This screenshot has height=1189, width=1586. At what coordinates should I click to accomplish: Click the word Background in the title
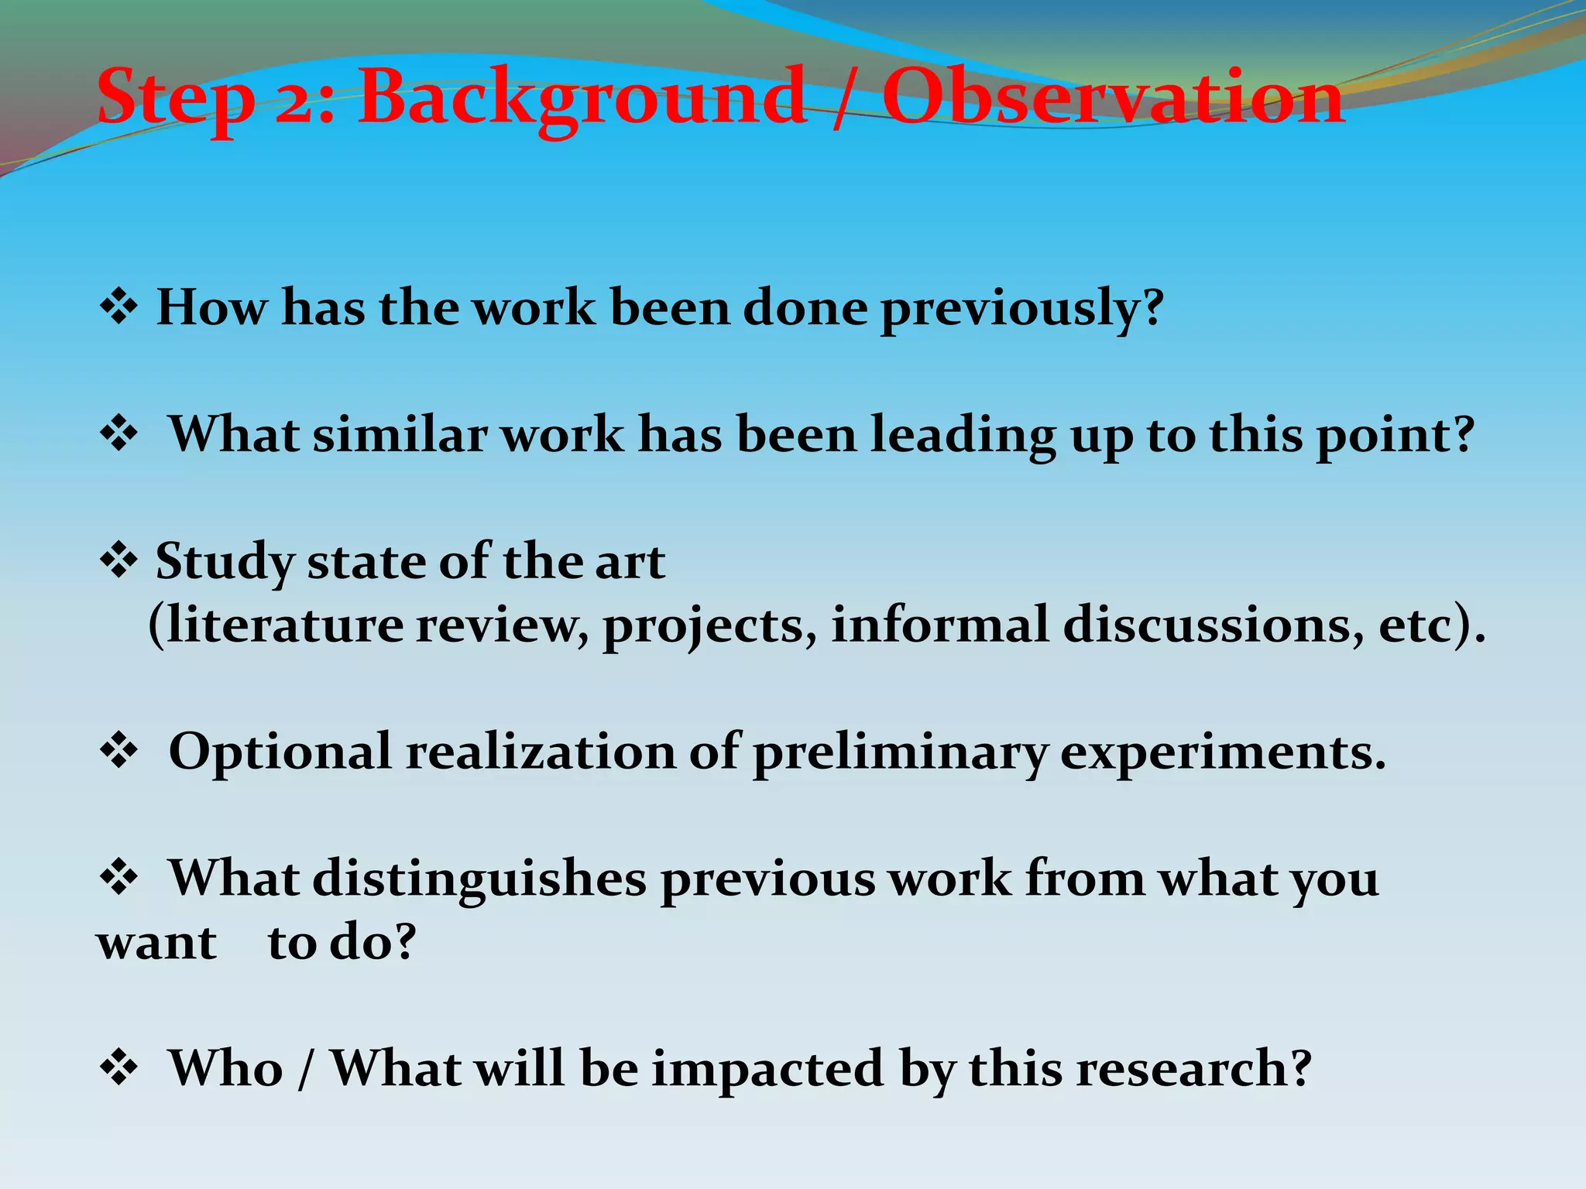(x=581, y=98)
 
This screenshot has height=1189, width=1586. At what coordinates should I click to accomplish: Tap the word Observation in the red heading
(x=1113, y=98)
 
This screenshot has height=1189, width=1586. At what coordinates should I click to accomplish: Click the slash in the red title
(x=843, y=98)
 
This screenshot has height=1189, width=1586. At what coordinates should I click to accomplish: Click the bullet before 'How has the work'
(x=118, y=307)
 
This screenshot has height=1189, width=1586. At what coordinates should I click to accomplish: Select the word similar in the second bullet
(x=400, y=434)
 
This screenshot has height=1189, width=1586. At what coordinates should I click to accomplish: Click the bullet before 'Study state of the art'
(x=118, y=560)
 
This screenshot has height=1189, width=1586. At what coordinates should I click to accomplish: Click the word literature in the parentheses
(x=283, y=625)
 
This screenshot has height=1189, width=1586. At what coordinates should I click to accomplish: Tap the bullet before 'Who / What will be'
(x=118, y=1068)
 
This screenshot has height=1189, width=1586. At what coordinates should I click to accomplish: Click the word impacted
(x=767, y=1070)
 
